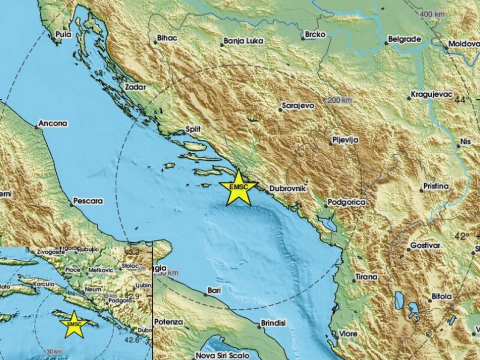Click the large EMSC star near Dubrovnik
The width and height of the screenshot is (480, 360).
tap(238, 188)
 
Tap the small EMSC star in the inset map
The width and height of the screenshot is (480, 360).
tap(74, 324)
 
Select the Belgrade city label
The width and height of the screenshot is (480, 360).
tap(405, 39)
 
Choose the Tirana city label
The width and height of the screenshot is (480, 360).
tap(367, 277)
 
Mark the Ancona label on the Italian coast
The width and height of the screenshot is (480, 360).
tap(53, 124)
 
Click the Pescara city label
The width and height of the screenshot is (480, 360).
tap(89, 201)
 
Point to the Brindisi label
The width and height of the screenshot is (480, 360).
tap(274, 323)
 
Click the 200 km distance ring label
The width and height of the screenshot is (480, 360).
tap(340, 100)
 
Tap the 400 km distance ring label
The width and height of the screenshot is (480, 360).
tap(432, 14)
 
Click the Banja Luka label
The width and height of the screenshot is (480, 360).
tap(244, 41)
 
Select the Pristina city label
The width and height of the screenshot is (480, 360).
tap(436, 186)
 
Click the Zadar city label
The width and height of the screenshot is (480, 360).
tap(136, 87)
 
